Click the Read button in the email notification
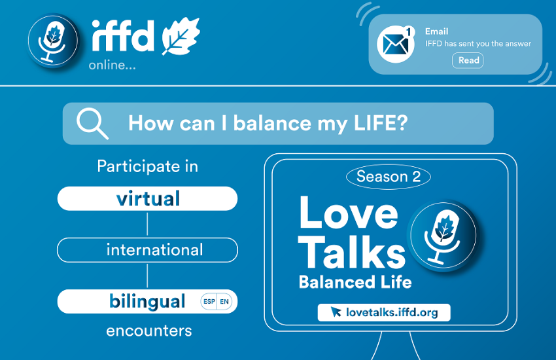coord(467,60)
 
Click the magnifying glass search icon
coord(92,124)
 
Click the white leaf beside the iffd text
coord(181,37)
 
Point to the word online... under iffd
coord(112,65)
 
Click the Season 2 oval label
coord(389,177)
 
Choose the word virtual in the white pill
coord(148,198)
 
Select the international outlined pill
coord(148,250)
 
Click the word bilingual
coord(147,302)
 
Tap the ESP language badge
coord(209,302)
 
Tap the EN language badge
coord(224,302)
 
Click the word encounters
coord(149,331)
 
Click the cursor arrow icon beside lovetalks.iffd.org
coord(336,312)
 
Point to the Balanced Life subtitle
coord(355,282)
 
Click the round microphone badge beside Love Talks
coord(443,236)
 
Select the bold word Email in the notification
coord(437,31)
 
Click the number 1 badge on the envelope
coord(409,32)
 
